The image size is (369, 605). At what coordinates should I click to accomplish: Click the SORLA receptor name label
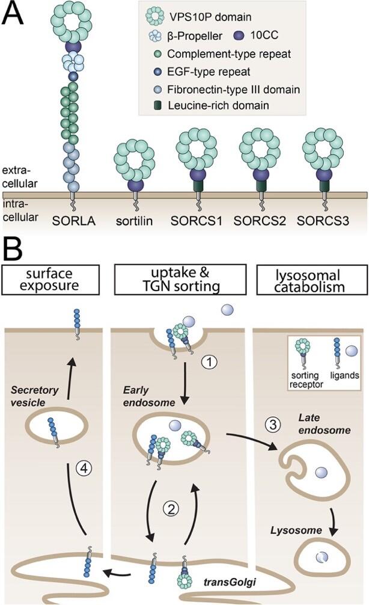[74, 221]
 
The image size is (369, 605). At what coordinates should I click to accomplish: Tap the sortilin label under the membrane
[134, 221]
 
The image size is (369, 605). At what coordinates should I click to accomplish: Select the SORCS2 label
[260, 221]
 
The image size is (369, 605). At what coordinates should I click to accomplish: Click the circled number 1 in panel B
[209, 362]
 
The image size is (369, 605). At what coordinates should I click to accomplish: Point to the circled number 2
[171, 509]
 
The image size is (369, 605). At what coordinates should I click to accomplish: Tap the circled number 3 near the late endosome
[272, 425]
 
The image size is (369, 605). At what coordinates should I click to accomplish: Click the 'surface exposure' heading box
[50, 280]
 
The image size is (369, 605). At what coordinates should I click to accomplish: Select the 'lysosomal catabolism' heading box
[312, 280]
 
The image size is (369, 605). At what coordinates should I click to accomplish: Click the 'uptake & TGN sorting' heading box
[180, 280]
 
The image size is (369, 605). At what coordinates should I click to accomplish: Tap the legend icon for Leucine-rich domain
[157, 105]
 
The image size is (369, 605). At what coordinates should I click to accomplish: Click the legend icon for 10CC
[239, 35]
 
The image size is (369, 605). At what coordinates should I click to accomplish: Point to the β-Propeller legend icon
[156, 36]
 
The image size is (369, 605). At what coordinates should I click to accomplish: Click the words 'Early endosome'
[149, 396]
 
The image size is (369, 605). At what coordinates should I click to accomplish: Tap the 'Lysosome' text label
[296, 530]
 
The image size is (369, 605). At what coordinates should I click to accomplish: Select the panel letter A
[13, 13]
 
